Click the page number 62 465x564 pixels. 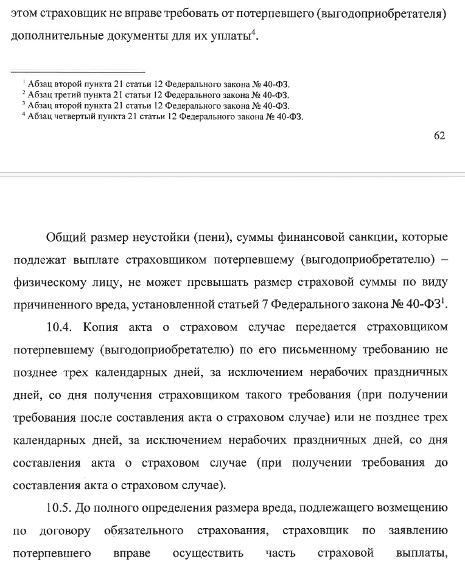pyautogui.click(x=439, y=136)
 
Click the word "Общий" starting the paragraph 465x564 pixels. pyautogui.click(x=68, y=237)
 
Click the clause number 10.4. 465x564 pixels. pyautogui.click(x=60, y=327)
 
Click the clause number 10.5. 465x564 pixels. pyautogui.click(x=60, y=509)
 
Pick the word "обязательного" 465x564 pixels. pyautogui.click(x=144, y=531)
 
